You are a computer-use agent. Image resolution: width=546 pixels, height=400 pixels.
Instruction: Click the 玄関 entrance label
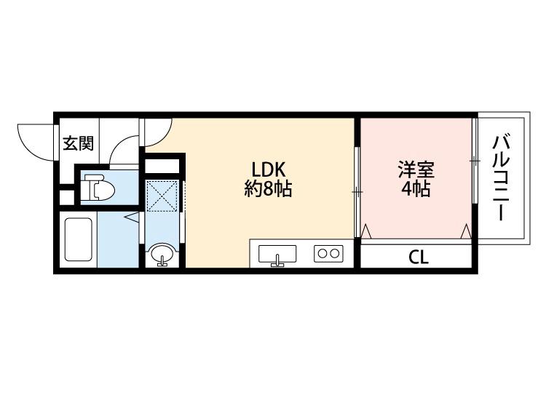77,143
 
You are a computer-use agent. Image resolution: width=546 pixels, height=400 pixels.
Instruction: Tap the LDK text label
267,169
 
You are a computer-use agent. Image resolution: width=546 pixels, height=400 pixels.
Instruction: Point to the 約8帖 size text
267,190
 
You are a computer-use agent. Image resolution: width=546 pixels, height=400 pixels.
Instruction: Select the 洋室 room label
416,171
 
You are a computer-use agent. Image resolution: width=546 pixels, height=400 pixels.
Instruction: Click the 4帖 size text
416,191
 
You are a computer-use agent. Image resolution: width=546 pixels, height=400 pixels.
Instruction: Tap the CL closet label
418,257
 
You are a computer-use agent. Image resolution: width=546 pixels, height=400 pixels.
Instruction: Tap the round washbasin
162,256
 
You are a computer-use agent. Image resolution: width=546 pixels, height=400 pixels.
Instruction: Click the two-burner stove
328,254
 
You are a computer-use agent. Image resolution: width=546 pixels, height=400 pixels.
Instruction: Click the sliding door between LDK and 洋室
357,191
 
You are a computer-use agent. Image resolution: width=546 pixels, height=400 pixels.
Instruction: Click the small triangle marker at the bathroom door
132,217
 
